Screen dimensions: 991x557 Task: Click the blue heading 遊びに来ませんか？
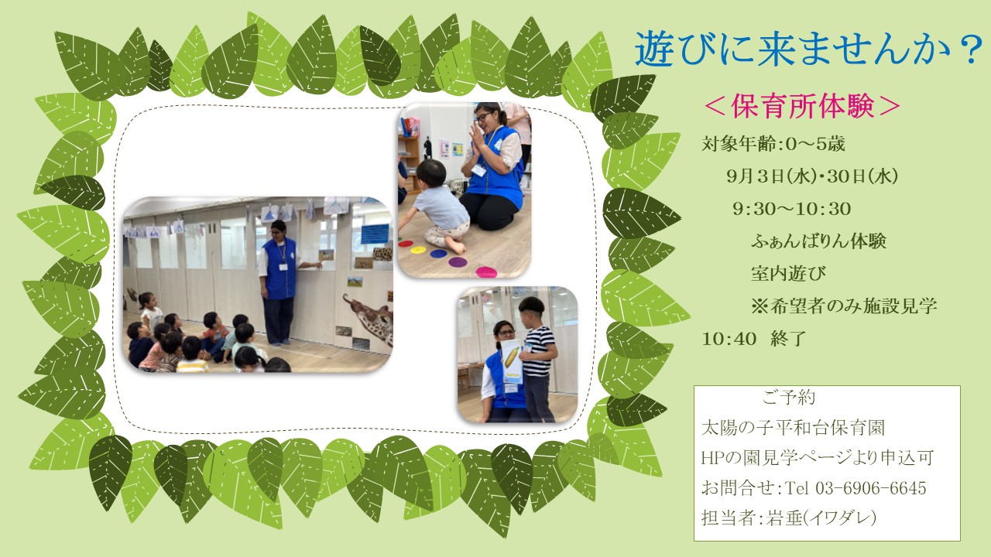point(809,50)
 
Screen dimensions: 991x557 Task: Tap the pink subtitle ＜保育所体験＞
point(802,107)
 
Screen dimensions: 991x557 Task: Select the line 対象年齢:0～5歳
point(773,144)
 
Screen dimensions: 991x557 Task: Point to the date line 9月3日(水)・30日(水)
point(812,176)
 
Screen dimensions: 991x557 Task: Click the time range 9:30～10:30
point(791,209)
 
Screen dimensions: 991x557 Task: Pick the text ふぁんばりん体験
point(818,241)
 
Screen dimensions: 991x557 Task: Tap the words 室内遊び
point(788,273)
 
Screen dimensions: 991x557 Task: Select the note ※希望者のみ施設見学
point(844,306)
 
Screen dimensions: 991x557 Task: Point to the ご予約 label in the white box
point(788,398)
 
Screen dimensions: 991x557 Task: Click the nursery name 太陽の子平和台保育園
point(793,428)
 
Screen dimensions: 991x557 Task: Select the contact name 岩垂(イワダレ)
point(821,518)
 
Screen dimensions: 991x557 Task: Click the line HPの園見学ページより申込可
point(818,457)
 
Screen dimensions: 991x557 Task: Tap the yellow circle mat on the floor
point(418,250)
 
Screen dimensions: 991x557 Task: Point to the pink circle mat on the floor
point(485,272)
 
